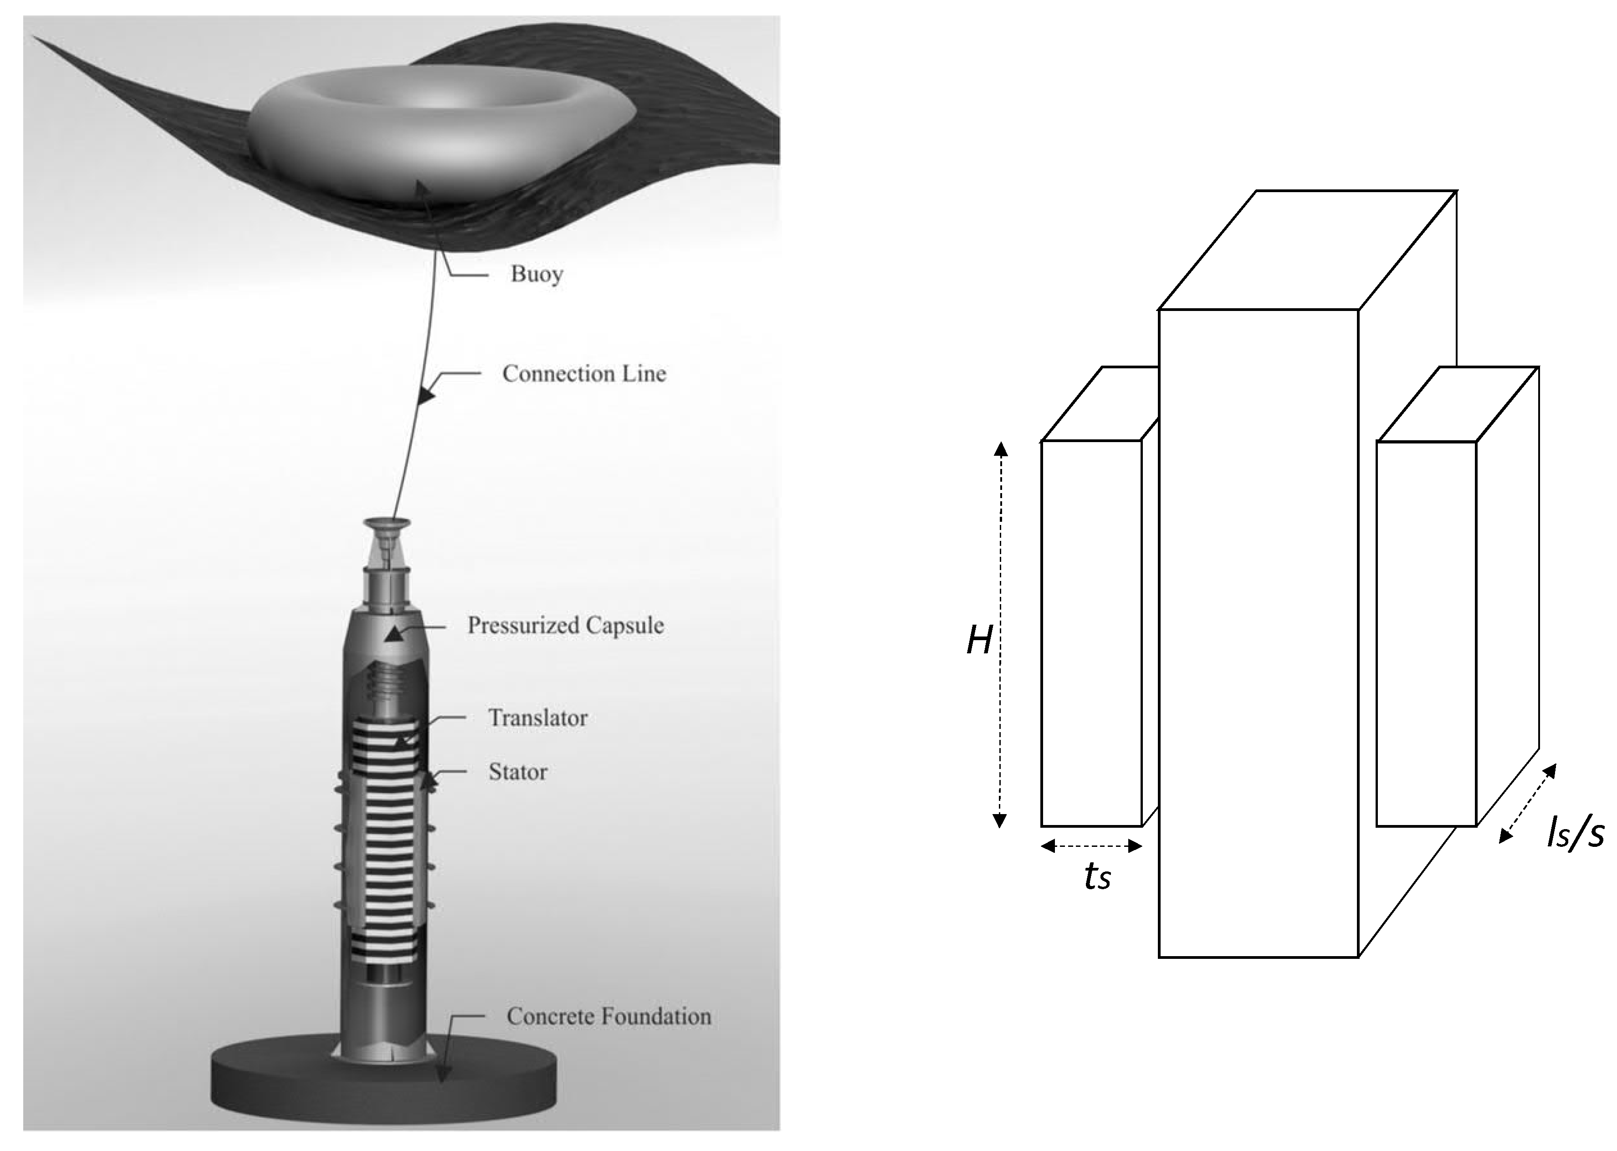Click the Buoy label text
[537, 274]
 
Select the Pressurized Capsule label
[565, 625]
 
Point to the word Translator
[537, 718]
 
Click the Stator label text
[517, 772]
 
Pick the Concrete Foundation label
[608, 1016]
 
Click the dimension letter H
[979, 642]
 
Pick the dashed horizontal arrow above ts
[1092, 845]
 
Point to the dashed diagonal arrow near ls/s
[1528, 803]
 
